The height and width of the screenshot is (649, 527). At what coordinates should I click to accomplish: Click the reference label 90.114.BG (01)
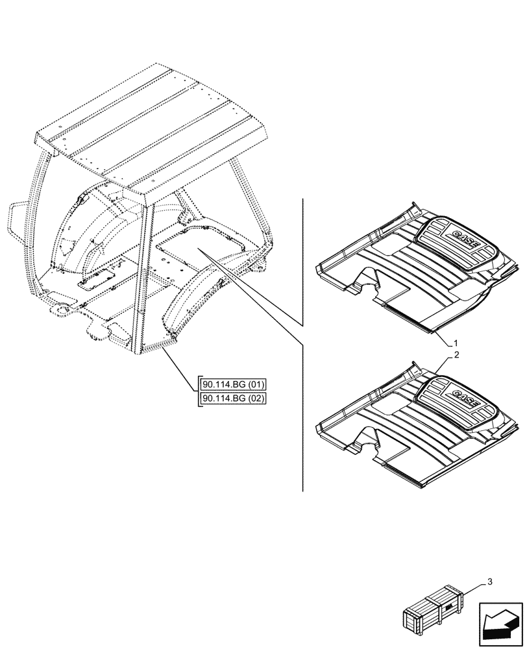tap(234, 384)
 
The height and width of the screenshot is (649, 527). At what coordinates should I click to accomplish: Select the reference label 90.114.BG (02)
tap(234, 398)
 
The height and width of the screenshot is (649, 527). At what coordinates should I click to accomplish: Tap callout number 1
tap(457, 342)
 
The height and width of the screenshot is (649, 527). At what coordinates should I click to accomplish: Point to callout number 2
tap(457, 355)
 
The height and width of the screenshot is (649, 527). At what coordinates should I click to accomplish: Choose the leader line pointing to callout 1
tap(443, 336)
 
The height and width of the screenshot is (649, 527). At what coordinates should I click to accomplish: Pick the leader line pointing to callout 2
tap(444, 363)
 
